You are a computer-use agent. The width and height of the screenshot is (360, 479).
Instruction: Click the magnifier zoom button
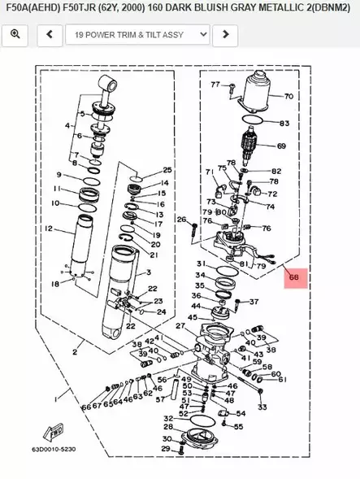tap(15, 35)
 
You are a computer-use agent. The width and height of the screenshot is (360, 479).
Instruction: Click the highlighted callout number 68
tap(293, 278)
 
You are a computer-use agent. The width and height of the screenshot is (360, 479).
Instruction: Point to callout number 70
tap(288, 96)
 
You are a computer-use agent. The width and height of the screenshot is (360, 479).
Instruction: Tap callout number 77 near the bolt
tap(215, 85)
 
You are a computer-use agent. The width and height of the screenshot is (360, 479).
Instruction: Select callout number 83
tap(284, 124)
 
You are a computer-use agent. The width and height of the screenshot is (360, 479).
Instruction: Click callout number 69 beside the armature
tap(281, 147)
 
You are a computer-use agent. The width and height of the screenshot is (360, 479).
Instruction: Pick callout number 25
tap(167, 170)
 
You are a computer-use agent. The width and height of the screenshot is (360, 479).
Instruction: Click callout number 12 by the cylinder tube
tap(49, 229)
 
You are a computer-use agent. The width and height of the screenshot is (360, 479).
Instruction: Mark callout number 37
tap(254, 302)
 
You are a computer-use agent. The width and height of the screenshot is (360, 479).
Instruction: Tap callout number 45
tap(192, 318)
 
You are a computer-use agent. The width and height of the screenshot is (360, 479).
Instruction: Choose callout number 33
tap(262, 406)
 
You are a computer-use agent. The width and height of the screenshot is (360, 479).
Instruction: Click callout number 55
tap(240, 425)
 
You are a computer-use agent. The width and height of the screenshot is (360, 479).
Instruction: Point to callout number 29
tap(166, 449)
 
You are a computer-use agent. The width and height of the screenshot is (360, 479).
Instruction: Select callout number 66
tap(85, 407)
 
